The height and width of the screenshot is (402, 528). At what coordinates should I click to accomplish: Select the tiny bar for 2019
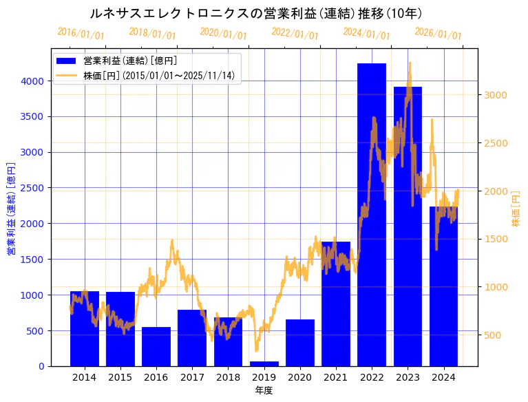(264, 363)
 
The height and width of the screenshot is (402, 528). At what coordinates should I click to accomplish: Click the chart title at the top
(256, 13)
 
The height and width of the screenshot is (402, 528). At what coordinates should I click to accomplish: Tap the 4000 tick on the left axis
(32, 81)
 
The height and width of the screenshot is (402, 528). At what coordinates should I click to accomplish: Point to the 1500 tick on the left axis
(32, 260)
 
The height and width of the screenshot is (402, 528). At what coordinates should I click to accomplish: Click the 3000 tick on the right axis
(496, 95)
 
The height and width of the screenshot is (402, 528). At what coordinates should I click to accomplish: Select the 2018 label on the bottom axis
(228, 377)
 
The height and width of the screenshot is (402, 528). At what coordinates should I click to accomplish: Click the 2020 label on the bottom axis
(299, 377)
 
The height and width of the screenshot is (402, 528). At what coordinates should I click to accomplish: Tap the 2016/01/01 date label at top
(81, 33)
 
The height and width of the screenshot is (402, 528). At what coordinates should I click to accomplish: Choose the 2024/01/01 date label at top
(366, 33)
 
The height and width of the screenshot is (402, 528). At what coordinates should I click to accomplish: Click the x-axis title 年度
(264, 390)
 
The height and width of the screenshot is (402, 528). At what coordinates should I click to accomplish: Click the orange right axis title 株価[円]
(516, 208)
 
